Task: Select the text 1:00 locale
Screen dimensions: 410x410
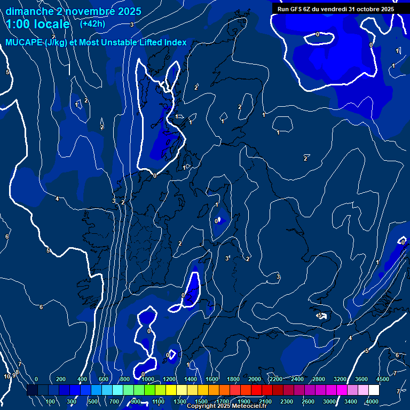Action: click(x=37, y=25)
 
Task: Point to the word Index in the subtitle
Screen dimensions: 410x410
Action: click(x=175, y=43)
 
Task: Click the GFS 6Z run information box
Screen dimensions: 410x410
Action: click(x=335, y=9)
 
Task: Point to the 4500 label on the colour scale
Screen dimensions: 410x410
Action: click(x=383, y=379)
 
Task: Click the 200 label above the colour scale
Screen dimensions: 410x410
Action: click(x=61, y=379)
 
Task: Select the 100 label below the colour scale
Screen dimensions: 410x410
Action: click(x=51, y=401)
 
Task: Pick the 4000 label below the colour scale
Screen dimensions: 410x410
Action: click(x=373, y=401)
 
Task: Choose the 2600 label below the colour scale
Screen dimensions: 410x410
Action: click(x=309, y=401)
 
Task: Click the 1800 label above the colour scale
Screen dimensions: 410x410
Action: click(x=233, y=379)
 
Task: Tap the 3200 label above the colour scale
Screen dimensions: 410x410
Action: click(x=340, y=379)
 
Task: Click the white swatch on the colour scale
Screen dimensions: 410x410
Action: click(x=374, y=390)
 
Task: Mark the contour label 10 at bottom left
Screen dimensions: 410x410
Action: click(x=7, y=377)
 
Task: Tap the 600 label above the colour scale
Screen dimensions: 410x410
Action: click(x=104, y=379)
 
